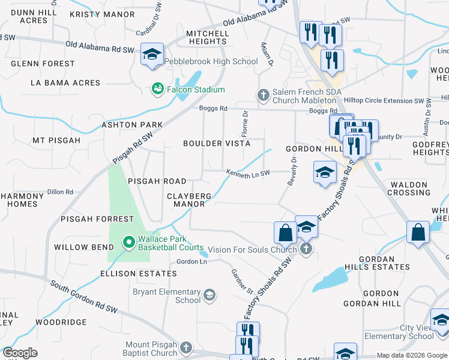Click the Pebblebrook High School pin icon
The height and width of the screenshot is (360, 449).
[x=152, y=54]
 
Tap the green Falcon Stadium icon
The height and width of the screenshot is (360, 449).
[x=157, y=89]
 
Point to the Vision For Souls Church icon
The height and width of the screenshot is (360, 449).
[x=306, y=249]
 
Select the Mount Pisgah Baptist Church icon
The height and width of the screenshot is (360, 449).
[x=186, y=347]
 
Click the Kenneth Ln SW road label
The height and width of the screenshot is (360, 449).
[x=248, y=173]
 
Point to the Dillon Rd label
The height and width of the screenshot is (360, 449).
[x=60, y=192]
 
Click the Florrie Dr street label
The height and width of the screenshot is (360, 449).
[x=245, y=122]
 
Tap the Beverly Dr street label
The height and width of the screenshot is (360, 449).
[x=292, y=171]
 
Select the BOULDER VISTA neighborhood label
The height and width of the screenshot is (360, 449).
[x=217, y=143]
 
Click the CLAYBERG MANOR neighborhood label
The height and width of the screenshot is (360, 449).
[x=189, y=200]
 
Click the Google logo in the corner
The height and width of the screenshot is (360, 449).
[x=20, y=353]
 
